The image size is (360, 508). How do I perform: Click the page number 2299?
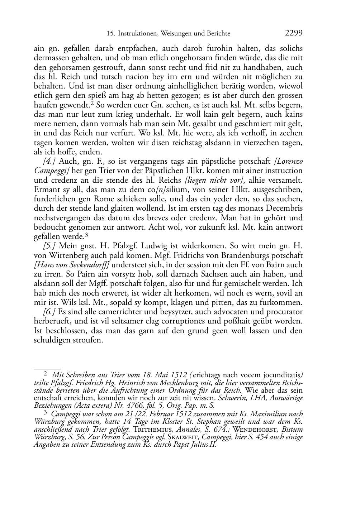pos(294,33)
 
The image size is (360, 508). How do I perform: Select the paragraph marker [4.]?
pos(49,162)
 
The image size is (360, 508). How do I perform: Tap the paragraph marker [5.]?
pos(49,246)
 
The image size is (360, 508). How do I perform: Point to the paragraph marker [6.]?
pos(49,312)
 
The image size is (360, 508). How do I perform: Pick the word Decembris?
pos(285,208)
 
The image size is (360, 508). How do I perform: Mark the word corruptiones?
pos(195,321)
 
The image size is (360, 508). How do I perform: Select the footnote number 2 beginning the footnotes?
pos(40,375)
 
